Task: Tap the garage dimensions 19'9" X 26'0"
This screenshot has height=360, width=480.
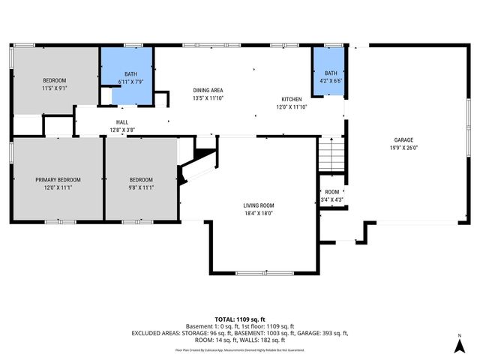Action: [x=404, y=148]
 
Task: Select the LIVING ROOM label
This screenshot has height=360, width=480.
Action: [x=258, y=205]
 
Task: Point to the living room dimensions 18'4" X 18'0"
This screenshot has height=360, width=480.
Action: [x=258, y=213]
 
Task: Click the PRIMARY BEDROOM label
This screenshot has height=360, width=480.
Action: [x=58, y=180]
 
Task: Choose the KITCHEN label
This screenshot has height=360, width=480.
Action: [x=292, y=99]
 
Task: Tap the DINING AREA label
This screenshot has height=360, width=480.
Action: [x=208, y=90]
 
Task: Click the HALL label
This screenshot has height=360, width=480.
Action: [x=121, y=122]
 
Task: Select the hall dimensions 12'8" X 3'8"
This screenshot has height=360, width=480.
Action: [x=121, y=130]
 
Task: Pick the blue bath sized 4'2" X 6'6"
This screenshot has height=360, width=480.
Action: [x=331, y=72]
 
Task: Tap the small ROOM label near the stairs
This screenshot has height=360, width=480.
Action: [x=331, y=192]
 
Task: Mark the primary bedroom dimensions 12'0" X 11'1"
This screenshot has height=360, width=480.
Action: [x=58, y=187]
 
